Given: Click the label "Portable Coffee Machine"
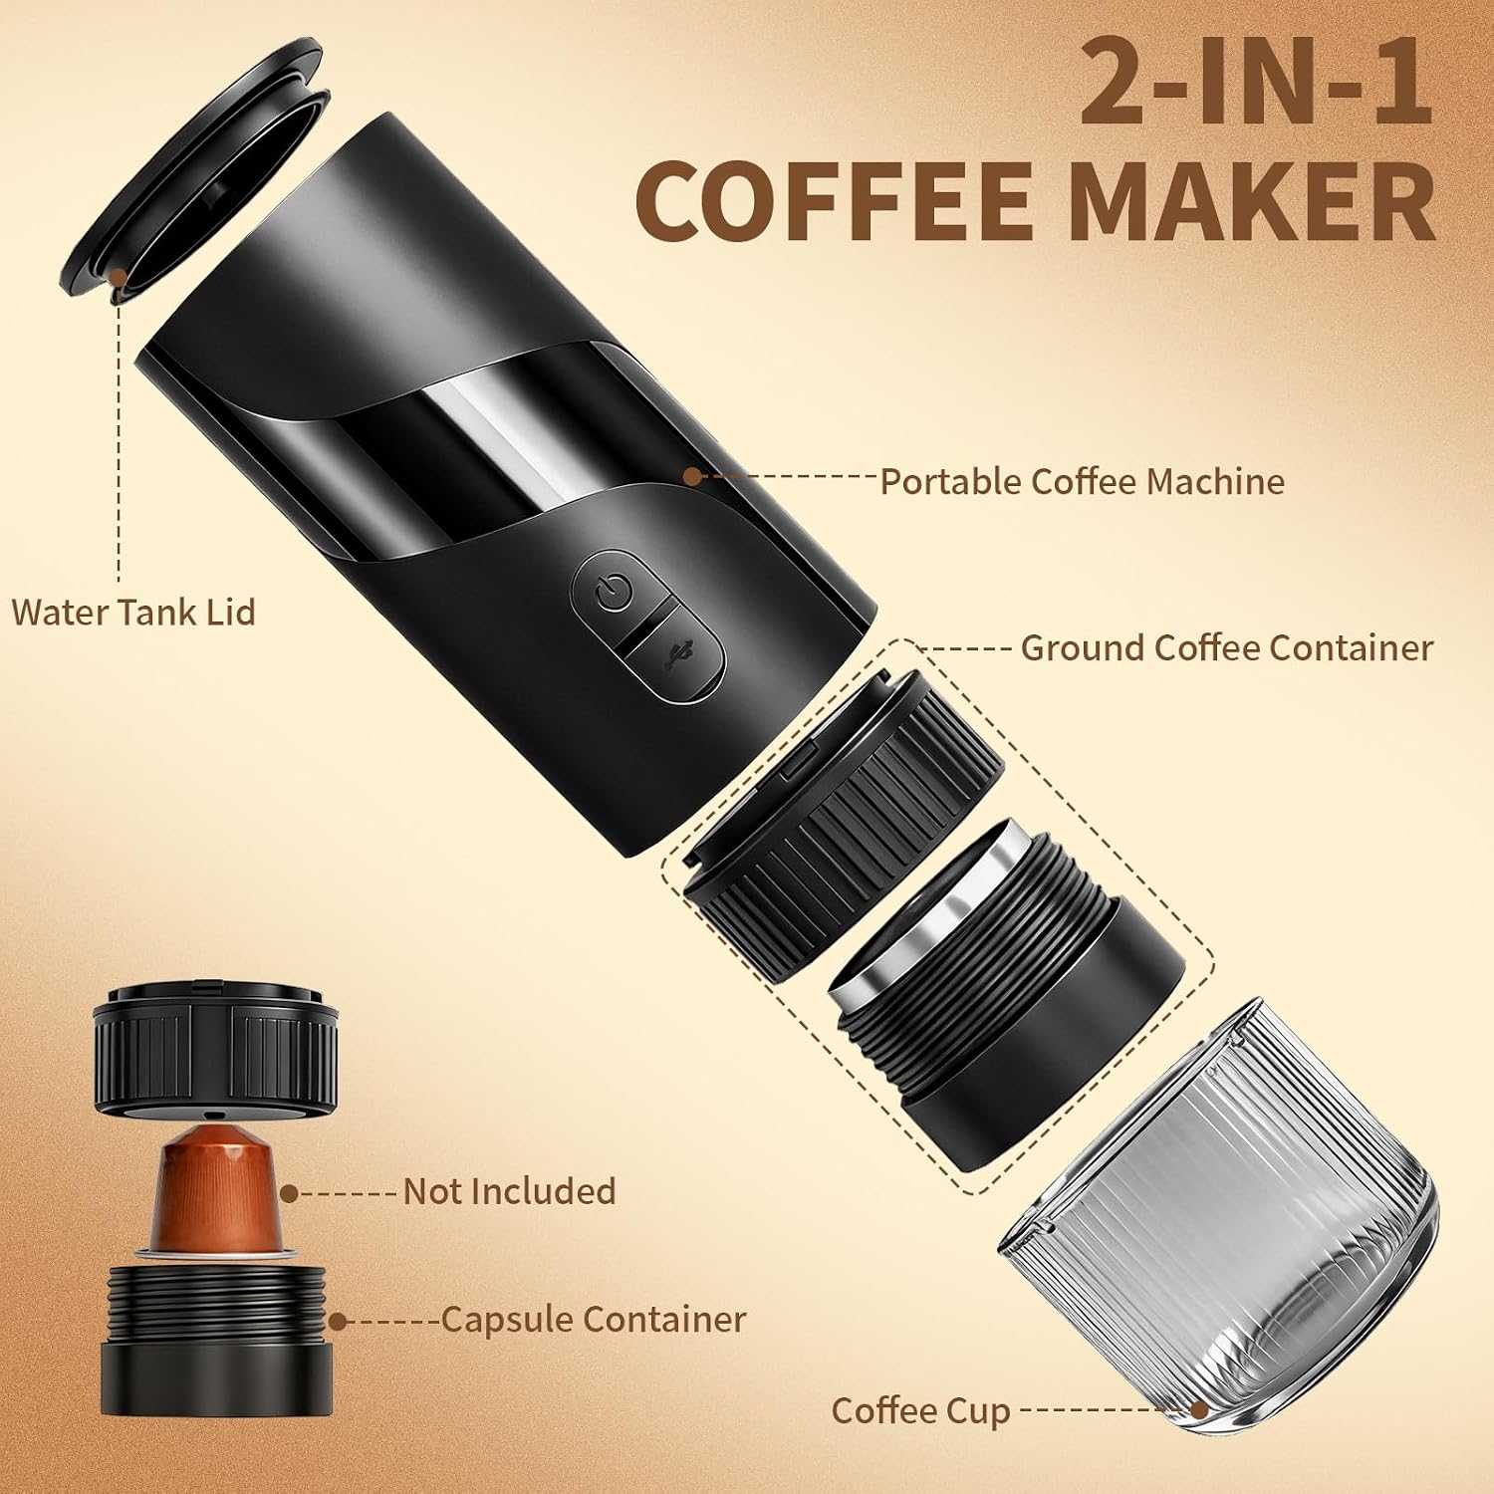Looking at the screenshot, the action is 1082,481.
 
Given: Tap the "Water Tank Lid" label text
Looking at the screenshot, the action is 133,611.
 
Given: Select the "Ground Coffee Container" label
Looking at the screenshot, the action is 1226,647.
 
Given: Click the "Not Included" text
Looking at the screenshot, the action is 509,1191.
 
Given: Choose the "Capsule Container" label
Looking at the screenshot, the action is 593,1319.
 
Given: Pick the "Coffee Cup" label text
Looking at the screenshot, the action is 920,1411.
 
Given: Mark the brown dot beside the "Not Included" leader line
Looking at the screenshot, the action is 290,1192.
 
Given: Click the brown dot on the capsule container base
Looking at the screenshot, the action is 339,1321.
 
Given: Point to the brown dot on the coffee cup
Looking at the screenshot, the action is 1200,1410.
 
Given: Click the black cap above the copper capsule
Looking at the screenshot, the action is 215,1047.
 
